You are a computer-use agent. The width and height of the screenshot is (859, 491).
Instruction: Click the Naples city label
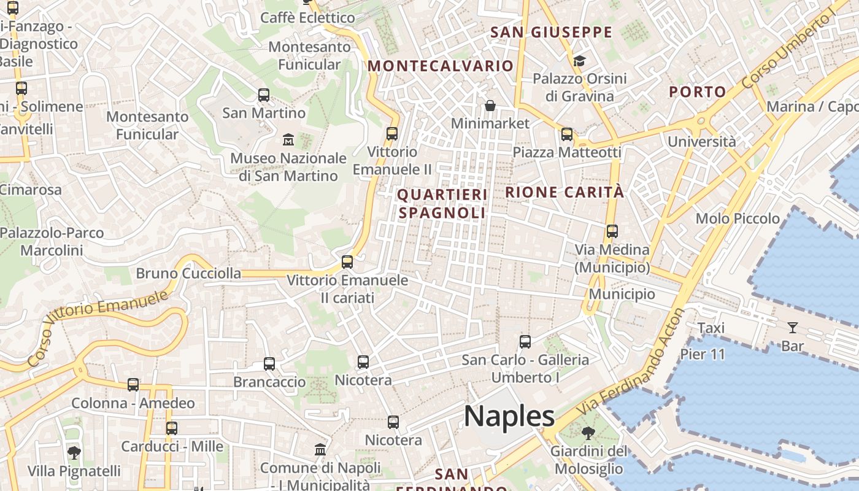509,417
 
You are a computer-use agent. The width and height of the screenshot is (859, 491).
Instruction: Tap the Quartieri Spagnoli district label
442,204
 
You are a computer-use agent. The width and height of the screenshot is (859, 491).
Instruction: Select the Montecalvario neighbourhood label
440,66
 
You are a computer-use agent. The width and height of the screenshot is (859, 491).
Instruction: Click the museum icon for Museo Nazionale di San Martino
288,140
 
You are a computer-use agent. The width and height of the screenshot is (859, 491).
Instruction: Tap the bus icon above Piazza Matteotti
567,134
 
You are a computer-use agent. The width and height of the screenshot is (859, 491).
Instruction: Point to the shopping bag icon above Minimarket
490,106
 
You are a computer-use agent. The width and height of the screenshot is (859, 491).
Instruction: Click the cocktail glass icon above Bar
793,328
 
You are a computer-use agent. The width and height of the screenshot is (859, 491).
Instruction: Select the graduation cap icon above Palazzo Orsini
579,61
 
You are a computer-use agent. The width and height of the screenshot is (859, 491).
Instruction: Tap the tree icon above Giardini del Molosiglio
588,433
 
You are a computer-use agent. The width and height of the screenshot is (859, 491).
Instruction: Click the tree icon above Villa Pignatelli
74,453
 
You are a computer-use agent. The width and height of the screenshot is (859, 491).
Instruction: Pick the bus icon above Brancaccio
269,364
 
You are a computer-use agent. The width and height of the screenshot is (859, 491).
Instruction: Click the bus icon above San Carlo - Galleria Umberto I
525,342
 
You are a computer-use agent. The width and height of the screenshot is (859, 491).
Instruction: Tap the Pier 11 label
703,354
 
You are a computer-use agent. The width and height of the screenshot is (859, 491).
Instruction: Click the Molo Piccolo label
738,218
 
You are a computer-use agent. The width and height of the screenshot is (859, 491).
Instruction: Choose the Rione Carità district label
564,192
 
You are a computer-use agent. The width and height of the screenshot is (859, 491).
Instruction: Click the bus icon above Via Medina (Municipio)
612,231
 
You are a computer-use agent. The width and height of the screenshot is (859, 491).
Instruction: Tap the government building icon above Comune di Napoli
320,450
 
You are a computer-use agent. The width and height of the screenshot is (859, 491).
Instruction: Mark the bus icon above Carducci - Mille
172,428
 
